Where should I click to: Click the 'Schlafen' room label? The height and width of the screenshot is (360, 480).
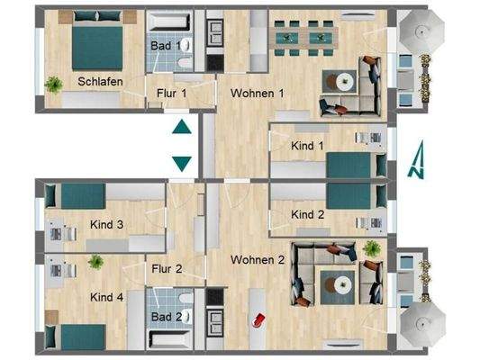point(100,81)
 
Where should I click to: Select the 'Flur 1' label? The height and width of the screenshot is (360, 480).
point(171,93)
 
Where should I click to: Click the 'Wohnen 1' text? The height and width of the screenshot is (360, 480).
point(258,93)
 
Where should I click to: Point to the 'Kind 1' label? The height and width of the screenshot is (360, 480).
point(308,145)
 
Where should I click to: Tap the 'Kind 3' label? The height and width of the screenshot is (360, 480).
point(106,224)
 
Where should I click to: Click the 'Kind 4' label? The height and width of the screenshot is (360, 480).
point(106,296)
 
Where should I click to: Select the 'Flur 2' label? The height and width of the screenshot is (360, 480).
point(168,268)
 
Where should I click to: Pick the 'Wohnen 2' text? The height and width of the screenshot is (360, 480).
point(258,260)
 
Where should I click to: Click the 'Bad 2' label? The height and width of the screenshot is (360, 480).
point(166,317)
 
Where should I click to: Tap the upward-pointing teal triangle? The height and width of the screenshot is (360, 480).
point(181,127)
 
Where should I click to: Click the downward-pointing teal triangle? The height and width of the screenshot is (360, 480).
point(181,163)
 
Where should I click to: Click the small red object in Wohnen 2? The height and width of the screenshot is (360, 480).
point(261,318)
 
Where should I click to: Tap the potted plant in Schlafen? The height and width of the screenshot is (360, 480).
point(54,85)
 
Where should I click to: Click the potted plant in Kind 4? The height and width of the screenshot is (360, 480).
point(95,262)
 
